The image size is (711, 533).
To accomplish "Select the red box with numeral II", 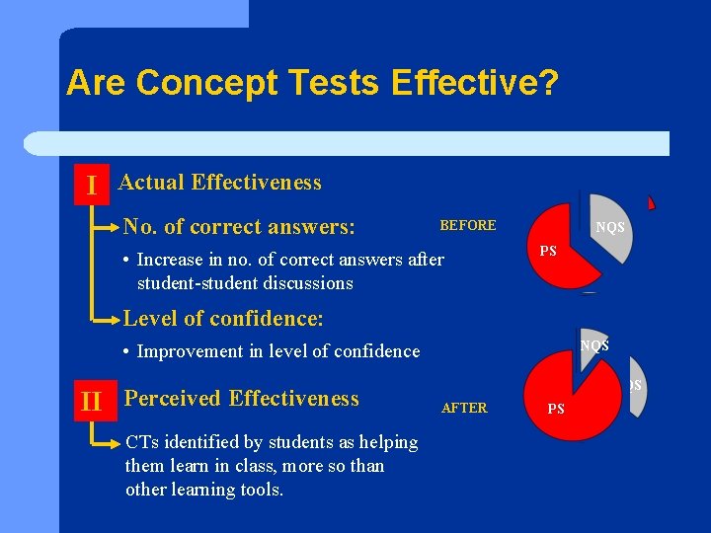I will click(x=92, y=402).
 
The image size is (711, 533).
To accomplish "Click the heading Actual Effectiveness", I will click(x=220, y=183).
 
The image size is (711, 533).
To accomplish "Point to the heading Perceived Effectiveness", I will click(x=242, y=399).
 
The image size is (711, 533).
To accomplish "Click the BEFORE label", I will click(x=467, y=226).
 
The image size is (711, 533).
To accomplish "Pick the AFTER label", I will click(x=464, y=408).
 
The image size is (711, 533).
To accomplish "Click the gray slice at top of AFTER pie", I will click(x=592, y=346).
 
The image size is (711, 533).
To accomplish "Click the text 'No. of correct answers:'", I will click(x=239, y=227).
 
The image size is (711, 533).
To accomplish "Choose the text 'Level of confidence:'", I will click(x=223, y=319).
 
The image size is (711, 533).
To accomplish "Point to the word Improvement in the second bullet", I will click(x=187, y=351).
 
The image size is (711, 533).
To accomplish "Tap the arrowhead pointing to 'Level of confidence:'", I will click(x=116, y=320).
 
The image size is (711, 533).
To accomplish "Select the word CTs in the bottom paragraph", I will click(x=140, y=442).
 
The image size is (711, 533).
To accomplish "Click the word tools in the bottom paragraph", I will click(x=261, y=490).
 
